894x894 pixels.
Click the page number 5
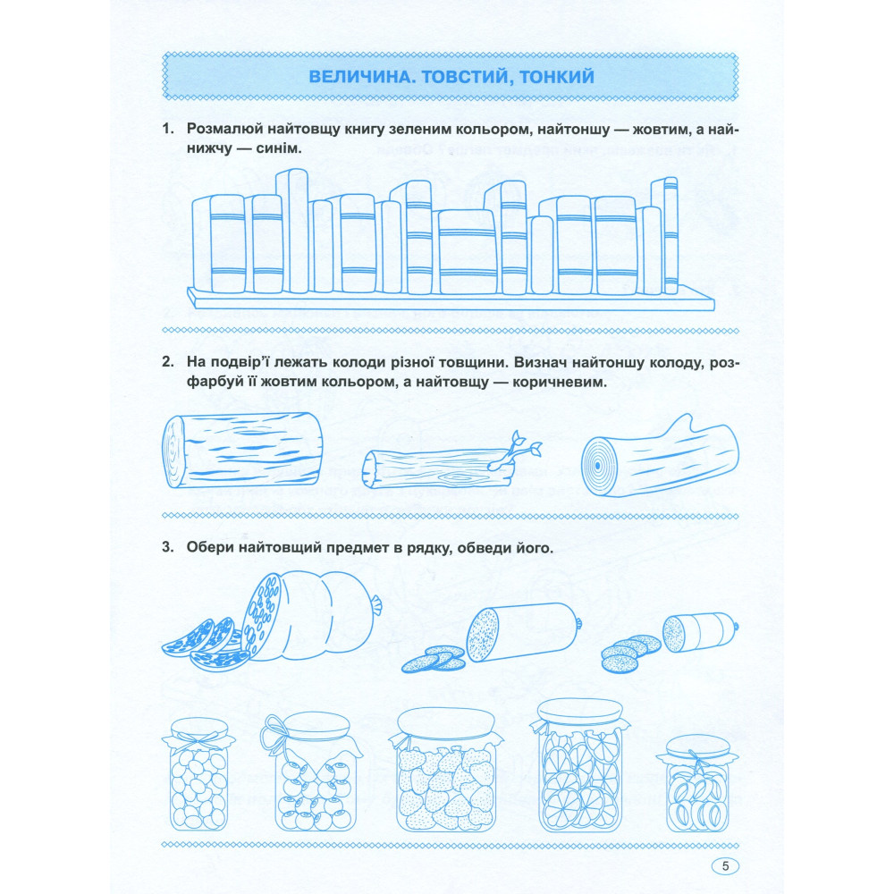pos(725,866)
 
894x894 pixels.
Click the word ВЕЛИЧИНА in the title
pos(358,76)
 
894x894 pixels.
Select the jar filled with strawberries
pos(446,769)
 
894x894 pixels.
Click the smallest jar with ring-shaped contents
pos(696,783)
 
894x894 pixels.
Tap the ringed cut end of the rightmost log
pos(597,466)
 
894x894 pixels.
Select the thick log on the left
pos(242,451)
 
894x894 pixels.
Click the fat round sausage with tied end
pos(311,615)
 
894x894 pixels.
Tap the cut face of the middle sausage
pos(483,635)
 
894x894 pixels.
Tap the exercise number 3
pos(167,547)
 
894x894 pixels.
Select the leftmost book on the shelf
pos(201,244)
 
